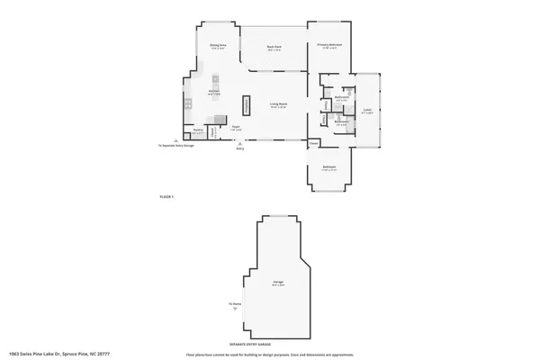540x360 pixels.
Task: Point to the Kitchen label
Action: (215, 91)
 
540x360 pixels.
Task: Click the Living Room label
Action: (278, 104)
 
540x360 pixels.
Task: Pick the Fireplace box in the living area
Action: (245, 104)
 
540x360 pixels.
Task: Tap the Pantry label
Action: (197, 132)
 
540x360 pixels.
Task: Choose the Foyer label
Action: (235, 127)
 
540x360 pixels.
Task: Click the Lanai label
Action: (367, 111)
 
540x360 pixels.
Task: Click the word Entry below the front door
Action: (240, 149)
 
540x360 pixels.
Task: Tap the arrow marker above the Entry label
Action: (240, 144)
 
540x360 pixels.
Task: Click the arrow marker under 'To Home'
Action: (236, 310)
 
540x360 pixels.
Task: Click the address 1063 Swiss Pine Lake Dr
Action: (56, 354)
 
